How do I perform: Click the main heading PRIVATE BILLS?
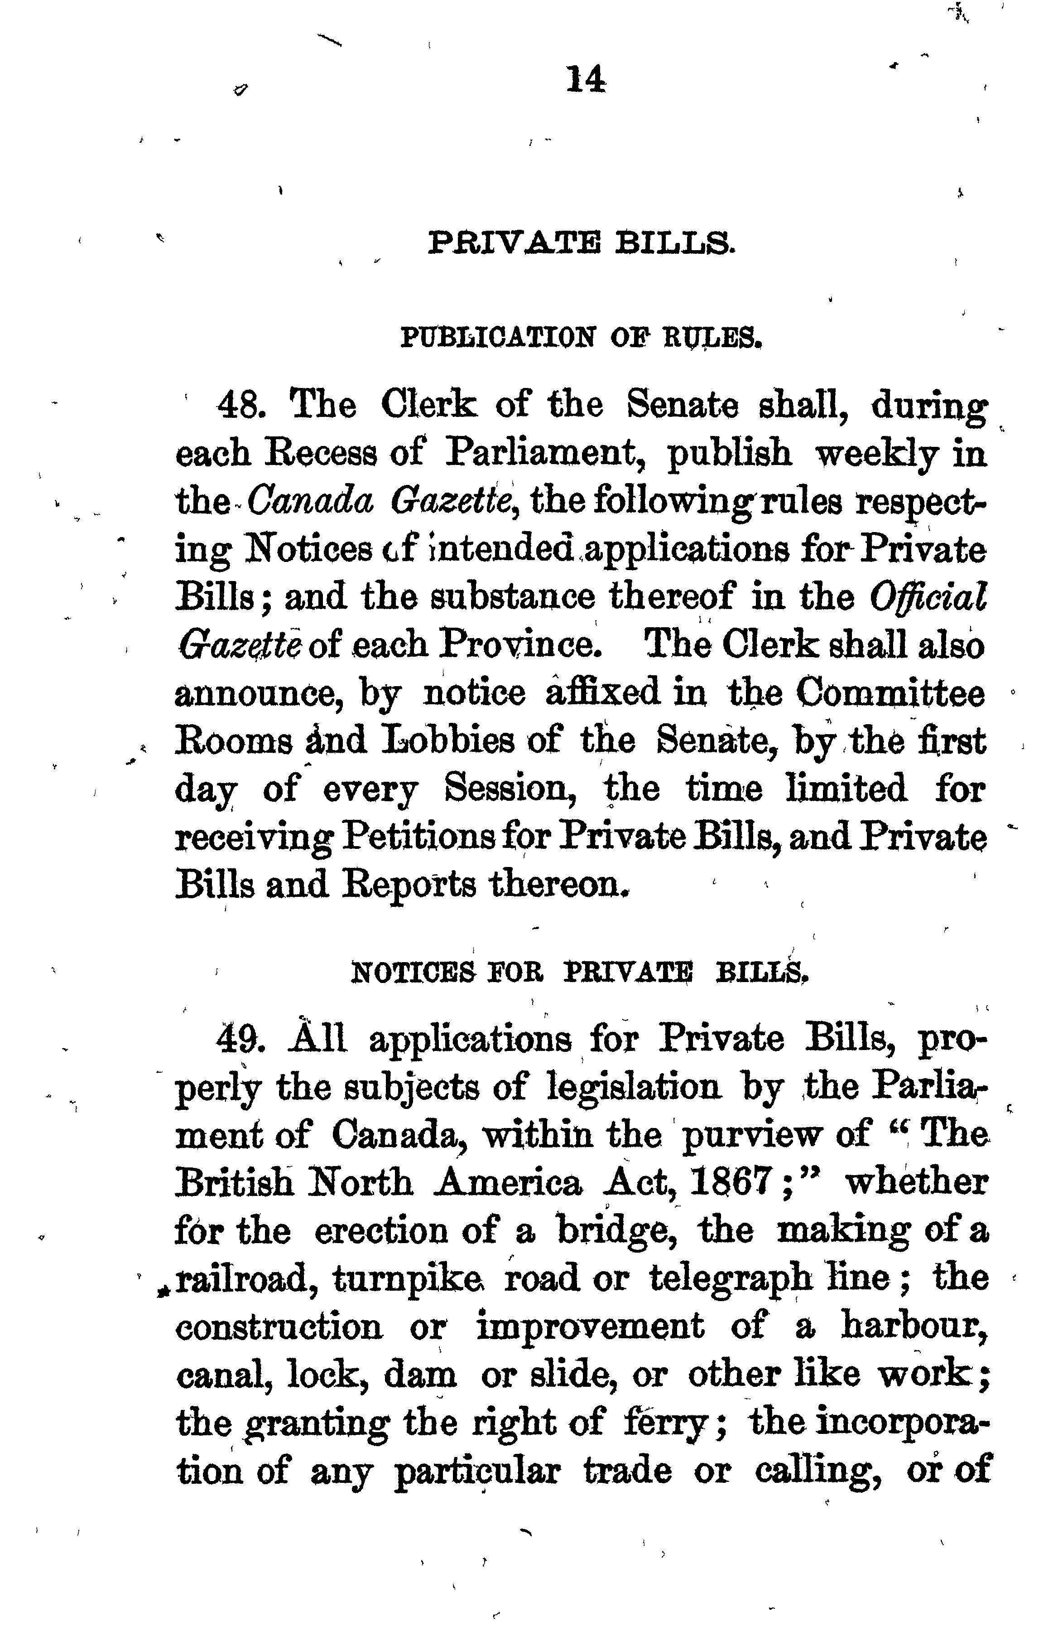click(x=581, y=243)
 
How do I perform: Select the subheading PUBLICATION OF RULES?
click(x=581, y=338)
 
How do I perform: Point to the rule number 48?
click(x=240, y=406)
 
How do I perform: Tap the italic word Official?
click(x=928, y=596)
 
